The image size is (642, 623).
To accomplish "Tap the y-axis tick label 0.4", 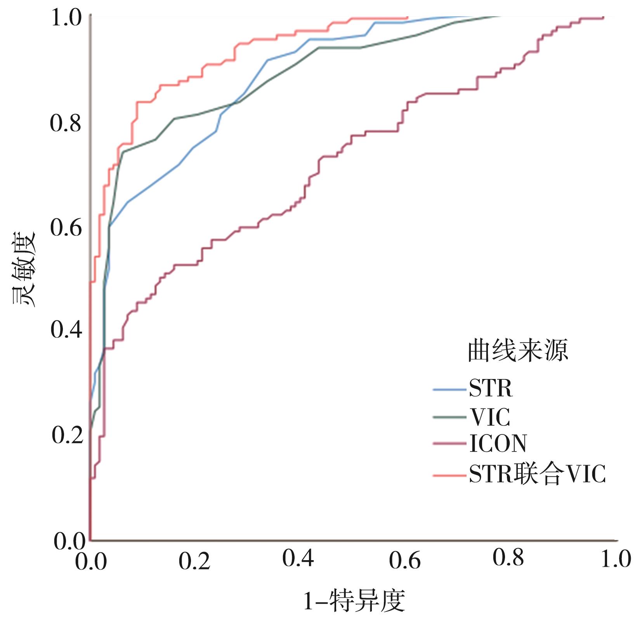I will coord(66,330).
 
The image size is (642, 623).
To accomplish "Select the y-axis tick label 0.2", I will coord(67,435).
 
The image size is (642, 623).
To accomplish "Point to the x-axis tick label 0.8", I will coord(508,558).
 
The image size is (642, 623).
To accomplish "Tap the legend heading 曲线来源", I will coord(518,351).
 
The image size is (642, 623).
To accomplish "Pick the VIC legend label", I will coord(490,417).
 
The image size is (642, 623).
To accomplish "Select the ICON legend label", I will coord(498,443).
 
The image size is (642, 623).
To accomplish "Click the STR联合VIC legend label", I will coord(537,474).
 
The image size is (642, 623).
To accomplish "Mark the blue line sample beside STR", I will coord(449,389).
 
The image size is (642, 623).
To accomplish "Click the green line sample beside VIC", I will coord(449,417).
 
